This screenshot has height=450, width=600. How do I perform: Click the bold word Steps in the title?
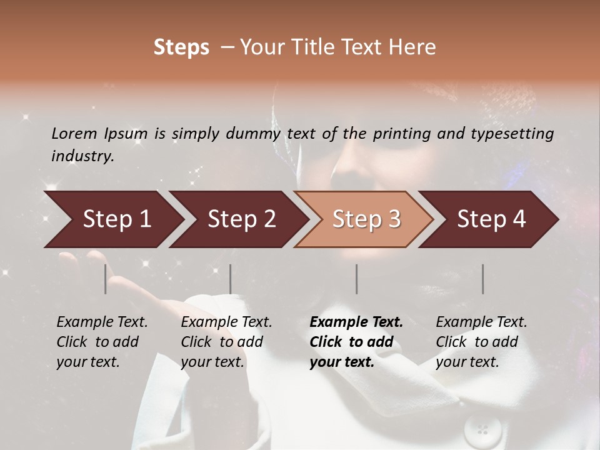pyautogui.click(x=181, y=47)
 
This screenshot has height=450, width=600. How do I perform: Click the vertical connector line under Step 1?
pyautogui.click(x=106, y=279)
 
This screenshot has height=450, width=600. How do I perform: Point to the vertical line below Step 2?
pyautogui.click(x=231, y=279)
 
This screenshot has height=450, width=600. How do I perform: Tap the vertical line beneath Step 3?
pyautogui.click(x=356, y=279)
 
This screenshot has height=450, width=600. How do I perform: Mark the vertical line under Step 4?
pyautogui.click(x=482, y=279)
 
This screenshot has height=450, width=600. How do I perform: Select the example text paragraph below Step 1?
pyautogui.click(x=102, y=342)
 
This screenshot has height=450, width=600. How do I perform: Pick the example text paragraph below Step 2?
pyautogui.click(x=226, y=342)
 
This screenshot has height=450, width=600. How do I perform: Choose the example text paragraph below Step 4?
pyautogui.click(x=481, y=342)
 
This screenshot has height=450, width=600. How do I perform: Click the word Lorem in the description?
pyautogui.click(x=74, y=133)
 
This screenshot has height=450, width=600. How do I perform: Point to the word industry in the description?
pyautogui.click(x=82, y=156)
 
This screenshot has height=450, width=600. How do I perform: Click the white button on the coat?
pyautogui.click(x=482, y=430)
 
